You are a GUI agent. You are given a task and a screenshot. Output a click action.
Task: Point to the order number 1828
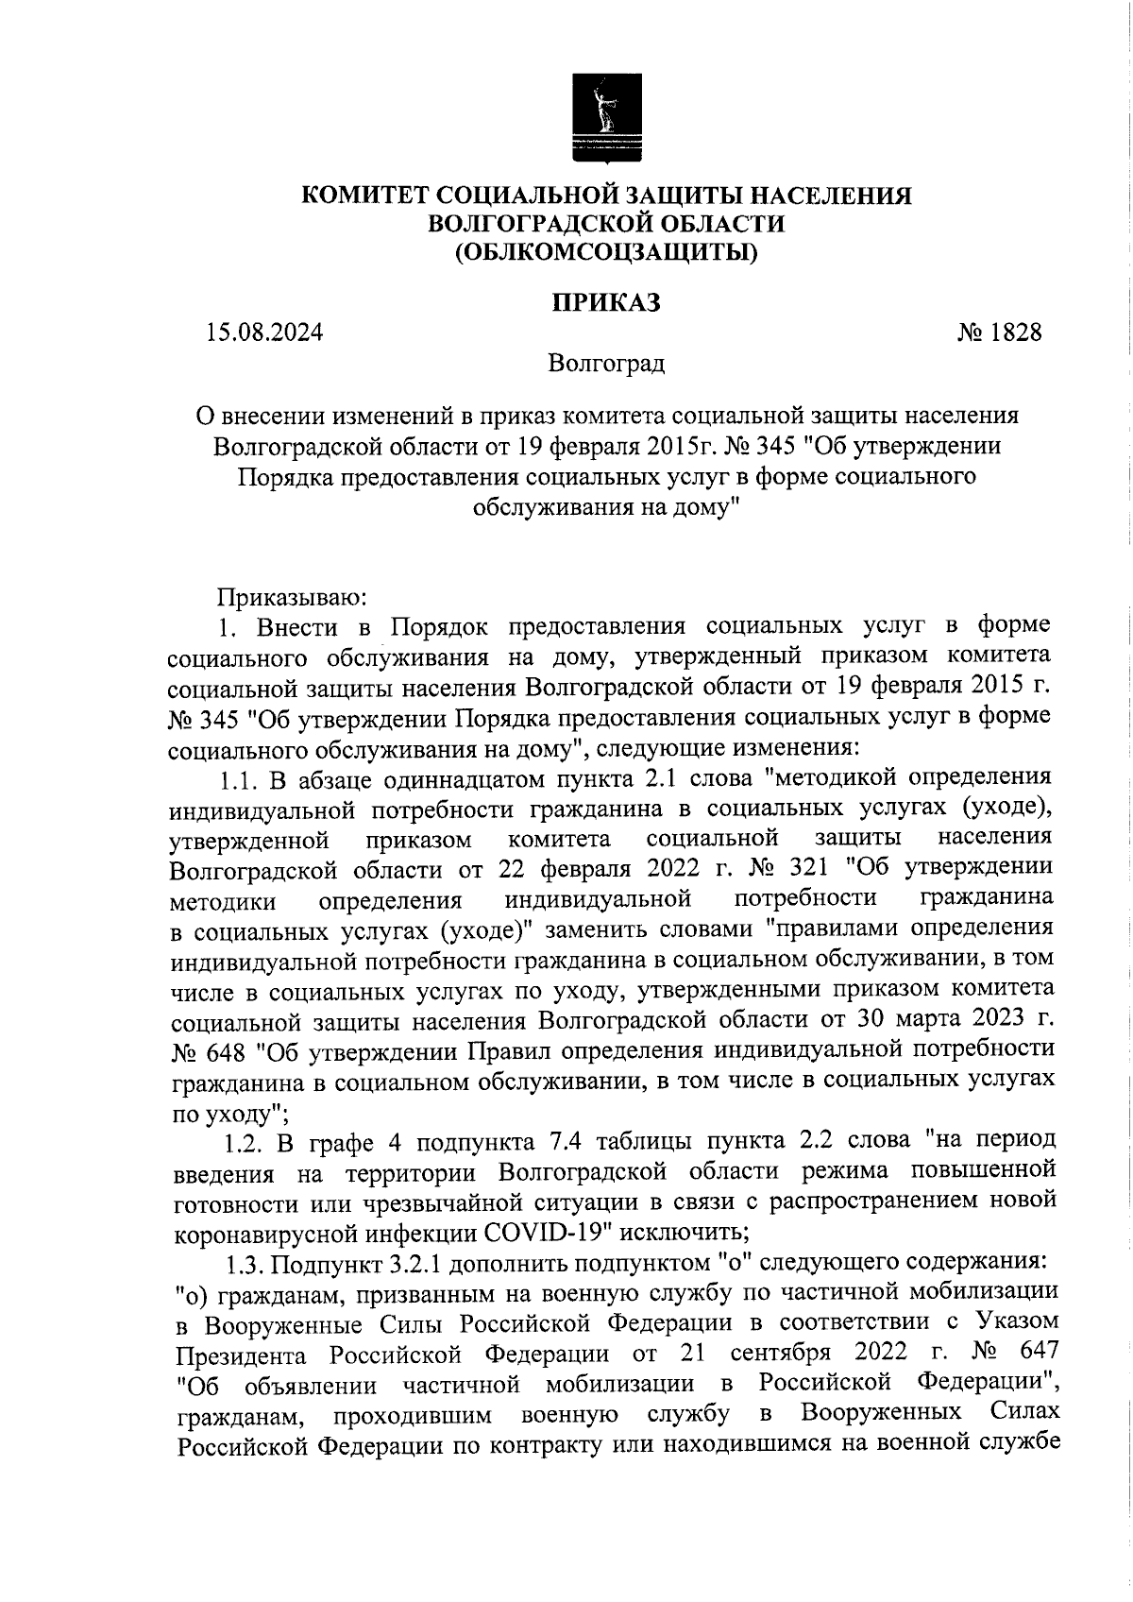click(1014, 333)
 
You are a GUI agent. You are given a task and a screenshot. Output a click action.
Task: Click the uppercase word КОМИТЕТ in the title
click(365, 196)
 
